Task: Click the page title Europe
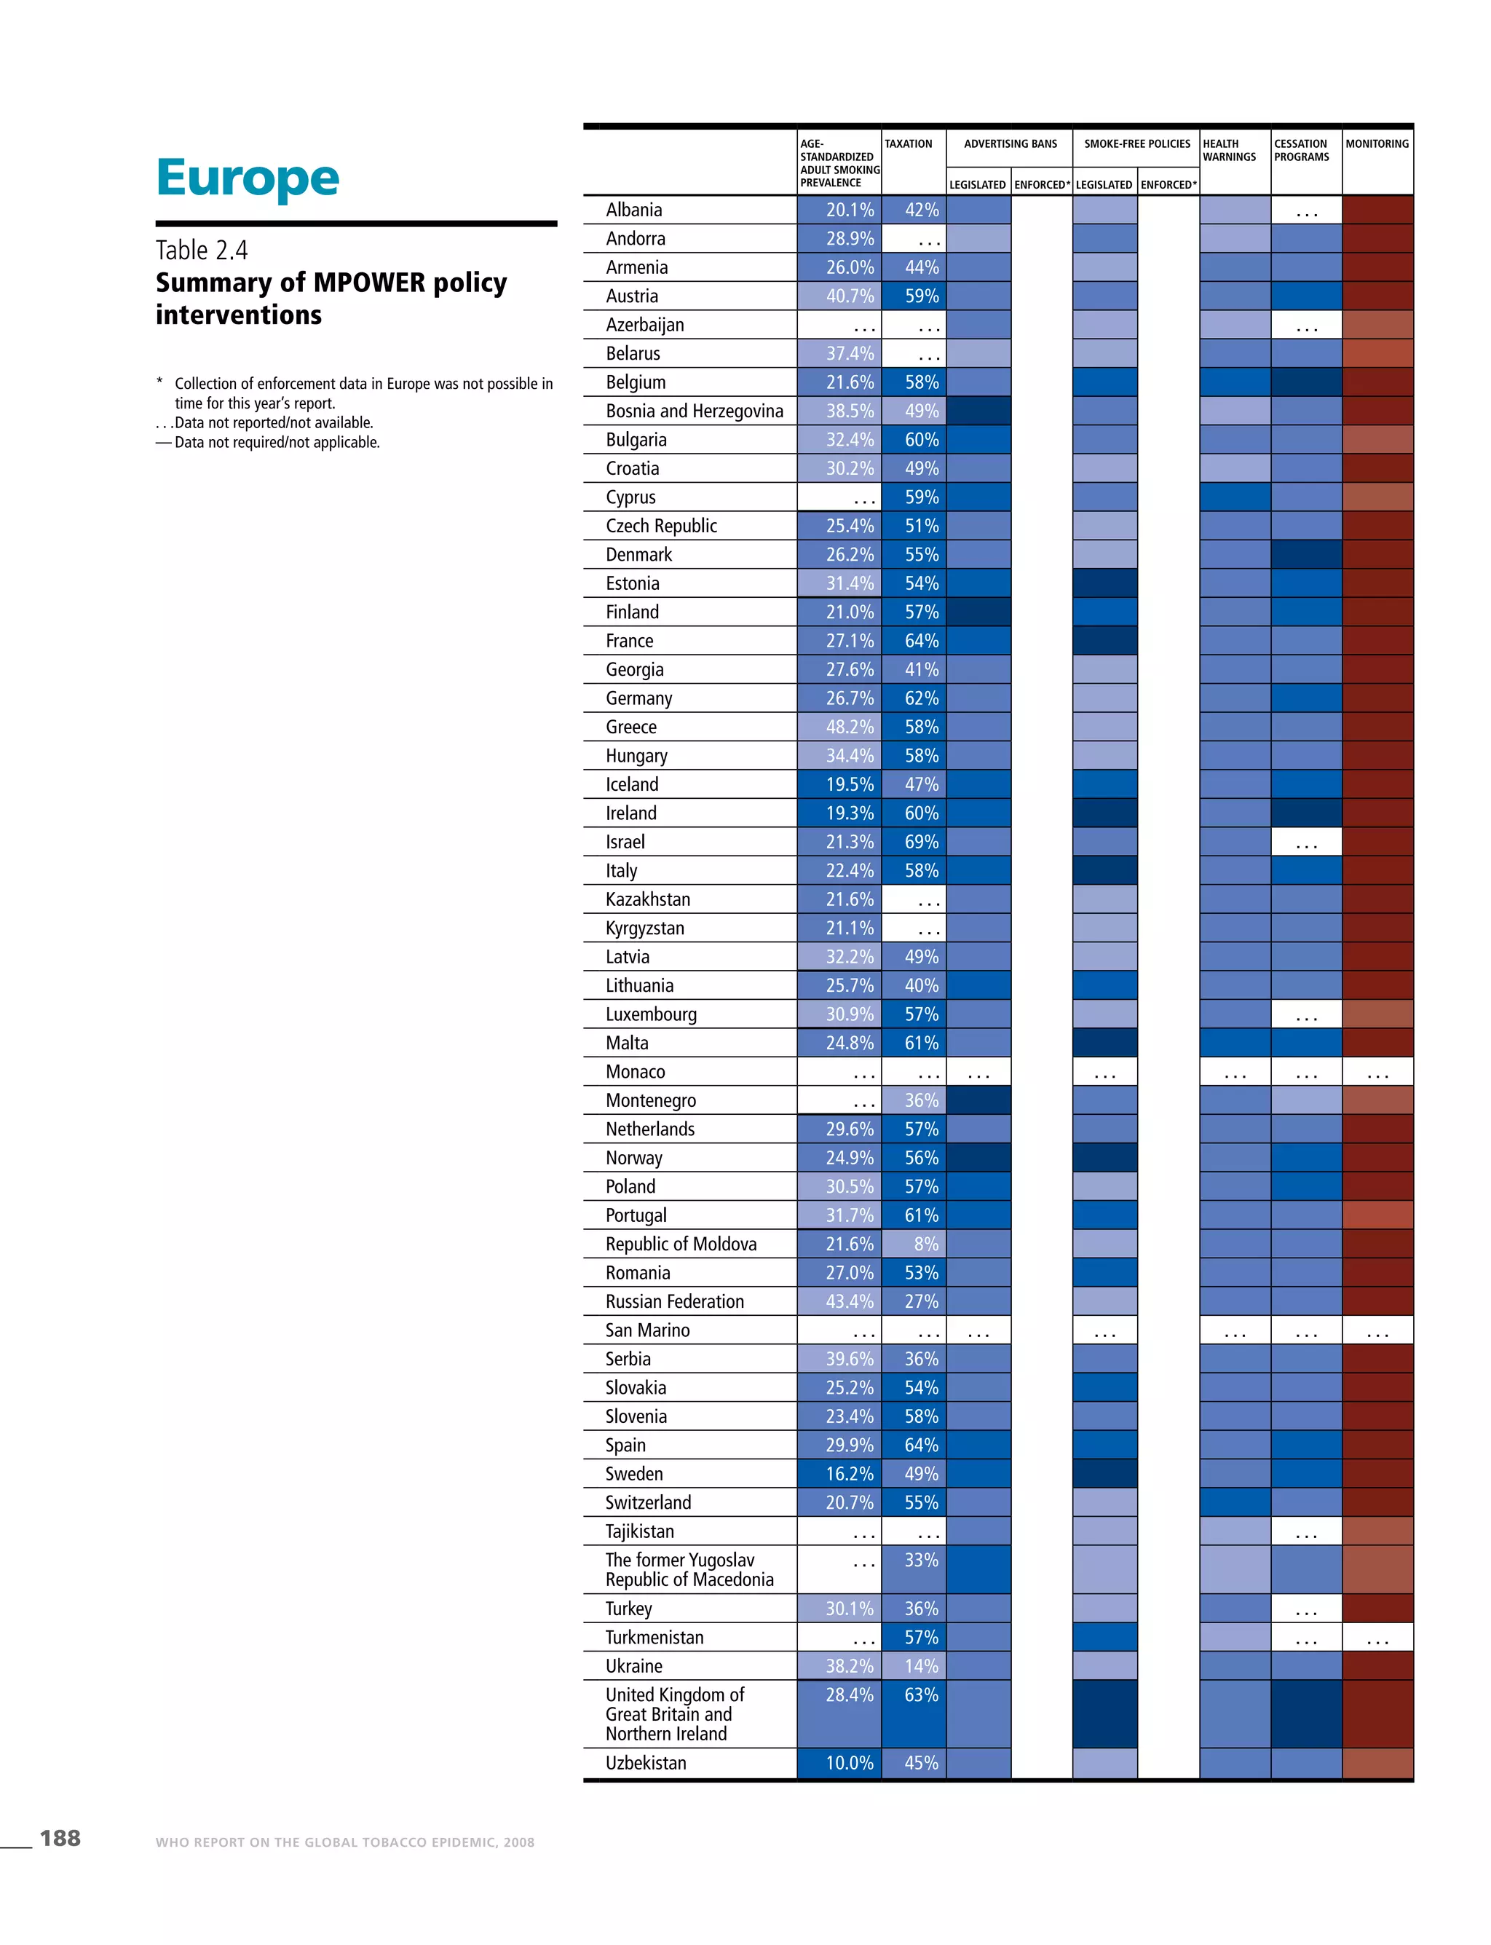coord(247,178)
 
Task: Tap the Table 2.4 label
coord(202,250)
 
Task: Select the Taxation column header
coord(908,143)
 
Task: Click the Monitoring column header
coord(1377,143)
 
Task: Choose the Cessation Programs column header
coord(1301,150)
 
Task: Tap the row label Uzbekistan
coord(645,1763)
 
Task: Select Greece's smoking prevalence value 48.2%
coord(850,727)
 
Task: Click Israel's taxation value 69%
coord(921,842)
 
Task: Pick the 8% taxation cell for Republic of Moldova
coord(925,1244)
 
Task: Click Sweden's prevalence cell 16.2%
coord(850,1474)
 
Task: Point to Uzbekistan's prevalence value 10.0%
coord(850,1763)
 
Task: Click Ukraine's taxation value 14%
coord(921,1666)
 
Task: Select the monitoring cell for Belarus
coord(1377,353)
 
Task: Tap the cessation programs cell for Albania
coord(1306,210)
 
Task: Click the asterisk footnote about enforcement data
coord(355,393)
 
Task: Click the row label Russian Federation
coord(674,1301)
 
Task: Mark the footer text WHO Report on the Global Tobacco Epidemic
coord(344,1842)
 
